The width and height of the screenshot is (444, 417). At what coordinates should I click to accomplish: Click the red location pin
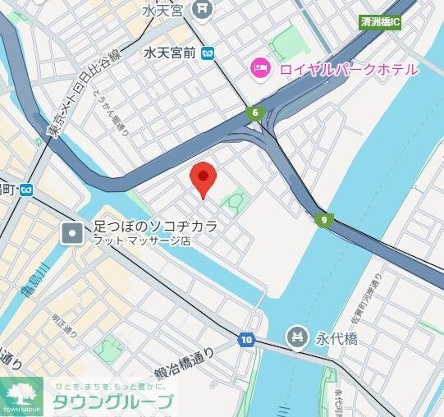pos(203,177)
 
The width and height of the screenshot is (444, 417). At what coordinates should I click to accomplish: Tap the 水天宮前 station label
pos(169,53)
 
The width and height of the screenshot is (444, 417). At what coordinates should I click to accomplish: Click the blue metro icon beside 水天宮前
pos(209,53)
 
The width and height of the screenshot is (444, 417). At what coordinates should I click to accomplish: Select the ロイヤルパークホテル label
pos(348,70)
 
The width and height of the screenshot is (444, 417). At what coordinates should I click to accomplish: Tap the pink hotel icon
pos(261,69)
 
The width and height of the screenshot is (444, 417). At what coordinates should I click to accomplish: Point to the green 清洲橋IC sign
pos(380,22)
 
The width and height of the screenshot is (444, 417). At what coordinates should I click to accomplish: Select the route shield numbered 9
pos(324,219)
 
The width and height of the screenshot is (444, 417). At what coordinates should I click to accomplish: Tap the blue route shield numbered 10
pos(246,339)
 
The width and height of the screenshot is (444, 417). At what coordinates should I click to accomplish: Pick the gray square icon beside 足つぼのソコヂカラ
pos(72,233)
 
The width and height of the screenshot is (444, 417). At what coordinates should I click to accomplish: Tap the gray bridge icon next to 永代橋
pos(296,336)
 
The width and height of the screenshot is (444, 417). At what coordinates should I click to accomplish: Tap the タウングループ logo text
pos(113,401)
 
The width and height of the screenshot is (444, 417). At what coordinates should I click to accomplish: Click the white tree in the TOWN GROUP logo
pos(21,391)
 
